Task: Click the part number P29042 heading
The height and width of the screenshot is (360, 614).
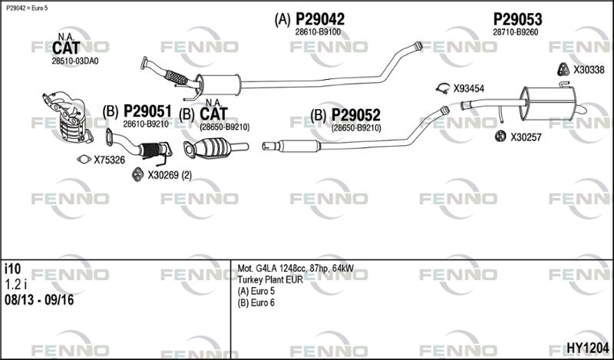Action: click(319, 19)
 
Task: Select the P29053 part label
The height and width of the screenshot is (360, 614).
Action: click(517, 19)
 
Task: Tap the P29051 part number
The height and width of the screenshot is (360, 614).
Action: click(147, 111)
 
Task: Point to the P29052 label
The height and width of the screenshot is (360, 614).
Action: click(355, 115)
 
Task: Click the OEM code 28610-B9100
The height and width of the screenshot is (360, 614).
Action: click(318, 32)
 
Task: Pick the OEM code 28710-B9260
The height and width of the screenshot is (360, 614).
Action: click(515, 32)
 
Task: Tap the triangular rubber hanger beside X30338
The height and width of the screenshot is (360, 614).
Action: click(563, 70)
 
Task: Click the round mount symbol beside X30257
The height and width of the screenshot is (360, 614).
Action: click(497, 137)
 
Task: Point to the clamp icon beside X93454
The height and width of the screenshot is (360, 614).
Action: click(442, 88)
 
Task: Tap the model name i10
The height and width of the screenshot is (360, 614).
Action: click(12, 269)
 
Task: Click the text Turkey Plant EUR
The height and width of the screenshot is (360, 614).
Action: click(270, 279)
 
